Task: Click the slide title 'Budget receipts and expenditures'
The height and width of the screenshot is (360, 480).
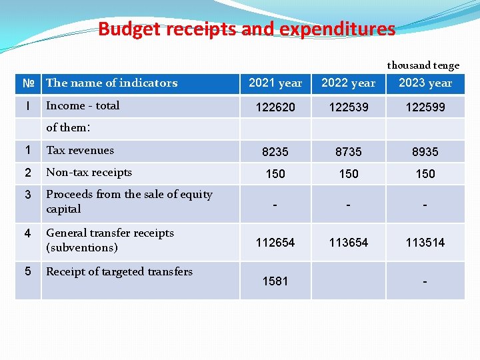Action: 247,29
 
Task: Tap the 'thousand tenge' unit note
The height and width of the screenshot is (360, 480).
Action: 423,65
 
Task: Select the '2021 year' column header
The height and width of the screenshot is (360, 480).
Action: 275,83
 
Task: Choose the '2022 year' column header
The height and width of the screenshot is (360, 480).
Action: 349,83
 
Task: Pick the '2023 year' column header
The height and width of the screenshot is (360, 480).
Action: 425,83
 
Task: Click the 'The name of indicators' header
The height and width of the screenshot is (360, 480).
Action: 112,83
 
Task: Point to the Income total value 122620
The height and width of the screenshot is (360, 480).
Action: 275,107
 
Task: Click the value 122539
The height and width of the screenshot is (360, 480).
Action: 349,107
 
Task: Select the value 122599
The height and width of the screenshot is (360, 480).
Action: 425,107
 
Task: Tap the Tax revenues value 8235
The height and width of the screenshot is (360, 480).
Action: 275,152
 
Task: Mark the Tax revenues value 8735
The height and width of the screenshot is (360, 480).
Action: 349,152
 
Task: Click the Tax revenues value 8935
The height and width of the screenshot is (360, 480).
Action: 425,152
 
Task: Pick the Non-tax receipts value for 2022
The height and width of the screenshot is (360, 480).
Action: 349,174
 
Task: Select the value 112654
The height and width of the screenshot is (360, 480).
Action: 275,243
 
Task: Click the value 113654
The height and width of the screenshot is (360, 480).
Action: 349,243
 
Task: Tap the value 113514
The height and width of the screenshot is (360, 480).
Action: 425,243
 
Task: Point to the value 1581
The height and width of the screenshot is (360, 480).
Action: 275,281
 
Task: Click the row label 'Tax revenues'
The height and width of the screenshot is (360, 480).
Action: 80,151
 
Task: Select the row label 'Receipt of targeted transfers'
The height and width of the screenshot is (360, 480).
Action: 119,271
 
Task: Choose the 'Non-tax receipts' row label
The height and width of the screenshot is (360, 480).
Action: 89,173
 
